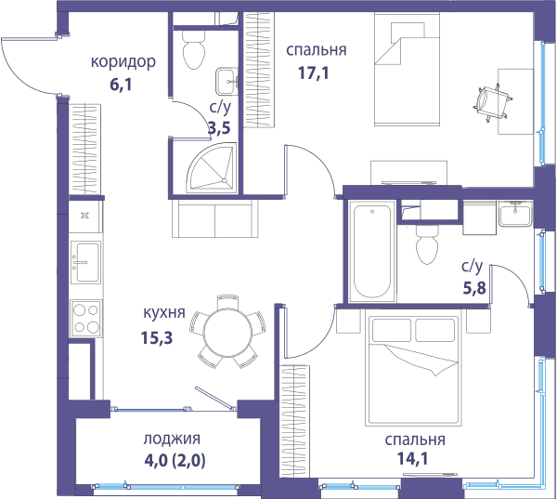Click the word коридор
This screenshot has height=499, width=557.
click(123, 62)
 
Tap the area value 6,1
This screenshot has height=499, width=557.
click(121, 85)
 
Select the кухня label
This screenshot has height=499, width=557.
click(164, 312)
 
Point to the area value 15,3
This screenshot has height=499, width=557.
click(157, 337)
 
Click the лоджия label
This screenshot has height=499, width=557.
click(172, 439)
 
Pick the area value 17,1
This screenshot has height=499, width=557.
click(314, 72)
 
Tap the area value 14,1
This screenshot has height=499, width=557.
click(412, 458)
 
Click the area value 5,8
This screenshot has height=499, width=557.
click(474, 288)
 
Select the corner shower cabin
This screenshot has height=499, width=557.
click(212, 168)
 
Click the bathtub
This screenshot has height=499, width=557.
click(372, 252)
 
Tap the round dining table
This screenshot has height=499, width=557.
click(227, 332)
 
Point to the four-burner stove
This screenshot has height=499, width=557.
click(86, 319)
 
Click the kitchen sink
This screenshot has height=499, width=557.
click(85, 262)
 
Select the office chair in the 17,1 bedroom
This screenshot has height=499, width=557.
click(493, 103)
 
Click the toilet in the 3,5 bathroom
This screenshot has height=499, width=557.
click(194, 49)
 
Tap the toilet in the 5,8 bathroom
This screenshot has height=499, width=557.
click(427, 244)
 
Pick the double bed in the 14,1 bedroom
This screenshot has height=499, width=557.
click(414, 367)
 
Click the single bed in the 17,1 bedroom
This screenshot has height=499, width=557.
click(408, 70)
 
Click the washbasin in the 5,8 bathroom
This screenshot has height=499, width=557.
click(515, 214)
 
